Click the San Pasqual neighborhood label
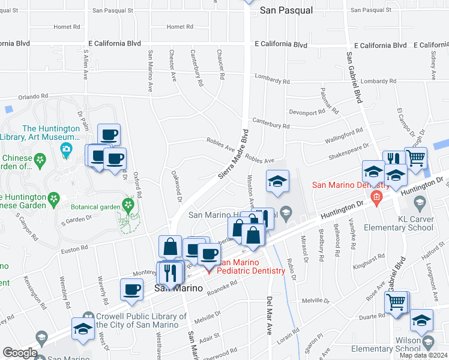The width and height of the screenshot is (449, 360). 286,10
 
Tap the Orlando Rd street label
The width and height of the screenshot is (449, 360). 32,96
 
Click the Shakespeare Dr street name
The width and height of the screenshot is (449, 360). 348,152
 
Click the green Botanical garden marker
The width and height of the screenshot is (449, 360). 127,205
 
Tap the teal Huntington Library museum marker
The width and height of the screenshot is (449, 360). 67,148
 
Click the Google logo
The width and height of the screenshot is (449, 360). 20,353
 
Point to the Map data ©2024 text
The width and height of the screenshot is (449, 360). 423,355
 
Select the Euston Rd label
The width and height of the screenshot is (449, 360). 74,248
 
